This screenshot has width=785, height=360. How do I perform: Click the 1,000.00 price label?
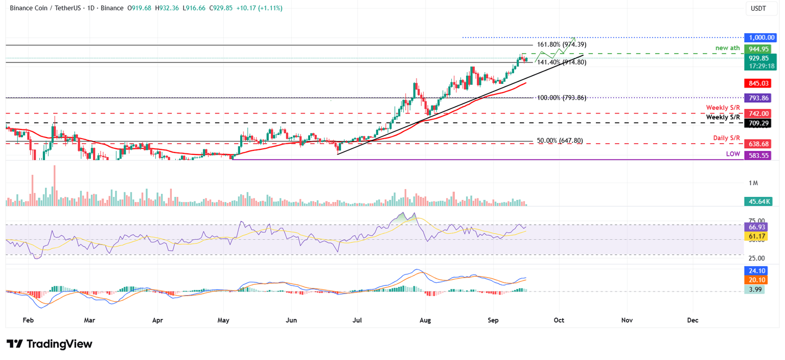point(761,37)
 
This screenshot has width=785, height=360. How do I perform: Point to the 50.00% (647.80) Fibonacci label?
point(559,141)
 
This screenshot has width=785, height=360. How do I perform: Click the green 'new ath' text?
point(727,49)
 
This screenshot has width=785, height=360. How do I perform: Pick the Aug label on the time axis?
point(425,320)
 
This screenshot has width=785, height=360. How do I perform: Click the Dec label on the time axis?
point(692,320)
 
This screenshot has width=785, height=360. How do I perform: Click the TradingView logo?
point(50,344)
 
